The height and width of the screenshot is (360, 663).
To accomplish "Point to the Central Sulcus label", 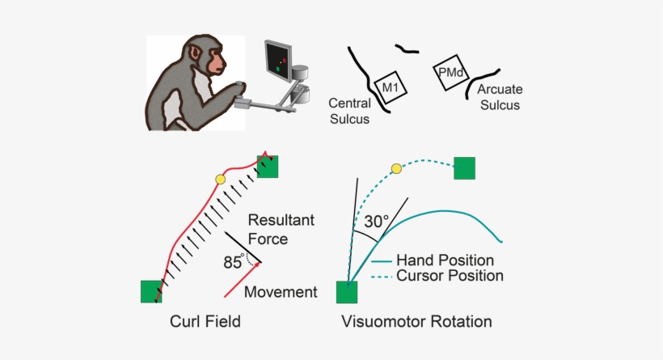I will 349,111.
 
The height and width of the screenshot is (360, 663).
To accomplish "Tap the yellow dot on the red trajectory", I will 220,179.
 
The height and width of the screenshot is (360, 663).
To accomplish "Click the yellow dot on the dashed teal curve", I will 396,168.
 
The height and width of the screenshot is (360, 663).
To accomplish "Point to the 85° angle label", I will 234,261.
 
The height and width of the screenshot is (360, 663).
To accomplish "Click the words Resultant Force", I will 280,229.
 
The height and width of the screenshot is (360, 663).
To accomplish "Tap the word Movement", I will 280,292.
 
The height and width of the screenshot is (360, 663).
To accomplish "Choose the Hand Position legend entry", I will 445,260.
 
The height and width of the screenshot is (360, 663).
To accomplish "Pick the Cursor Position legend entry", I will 450,276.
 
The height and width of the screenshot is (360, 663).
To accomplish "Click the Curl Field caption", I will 205,322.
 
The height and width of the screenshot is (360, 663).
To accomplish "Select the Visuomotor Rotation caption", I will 416,322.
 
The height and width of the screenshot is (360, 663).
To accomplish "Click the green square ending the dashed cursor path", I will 464,167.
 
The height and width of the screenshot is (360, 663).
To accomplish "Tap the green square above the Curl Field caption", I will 151,290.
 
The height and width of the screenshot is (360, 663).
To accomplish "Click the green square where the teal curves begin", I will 348,291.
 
